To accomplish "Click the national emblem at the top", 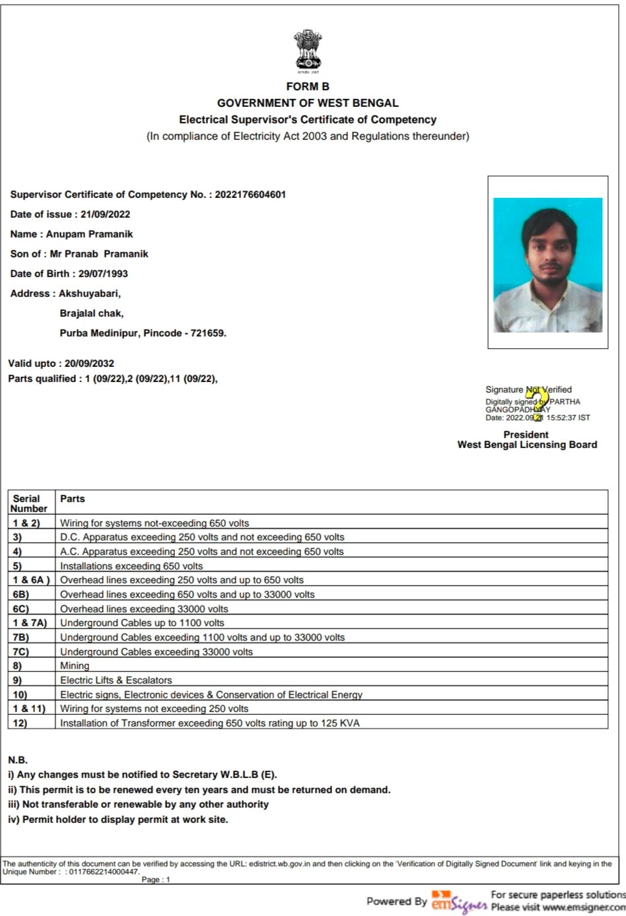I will pos(308,50).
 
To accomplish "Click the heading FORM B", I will pos(308,86).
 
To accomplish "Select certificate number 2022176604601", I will pos(250,195).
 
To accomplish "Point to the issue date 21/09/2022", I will pos(105,214).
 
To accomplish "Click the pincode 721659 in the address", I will pos(208,333).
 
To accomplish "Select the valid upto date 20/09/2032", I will pos(89,364).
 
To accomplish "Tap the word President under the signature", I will pos(526,435).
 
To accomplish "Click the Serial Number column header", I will pos(29,504).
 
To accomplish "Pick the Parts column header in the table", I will pos(73,499).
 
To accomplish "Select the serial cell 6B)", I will pos(21,595).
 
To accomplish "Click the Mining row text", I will pos(75,666).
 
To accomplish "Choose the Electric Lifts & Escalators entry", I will pos(116,680).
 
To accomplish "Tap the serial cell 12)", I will pos(20,723).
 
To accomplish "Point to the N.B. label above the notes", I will pos(18,760).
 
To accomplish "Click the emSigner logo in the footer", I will pos(458,901).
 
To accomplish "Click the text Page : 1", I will pos(156,880).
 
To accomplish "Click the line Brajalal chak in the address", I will pos(92,313).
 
